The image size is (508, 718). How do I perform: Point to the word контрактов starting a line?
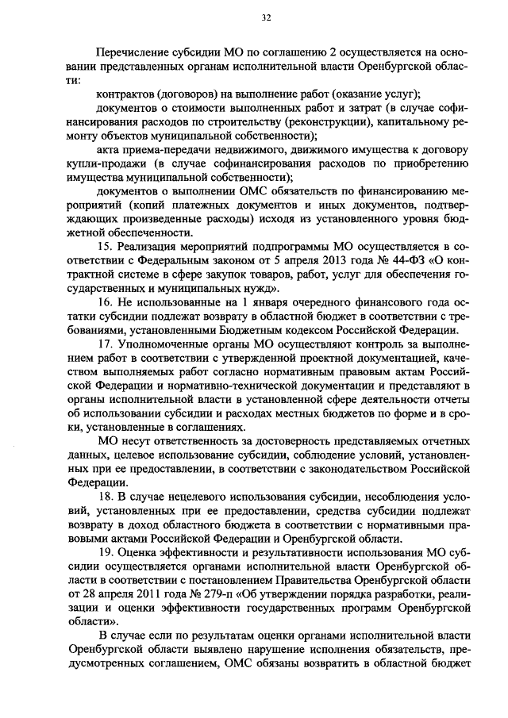128,94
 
